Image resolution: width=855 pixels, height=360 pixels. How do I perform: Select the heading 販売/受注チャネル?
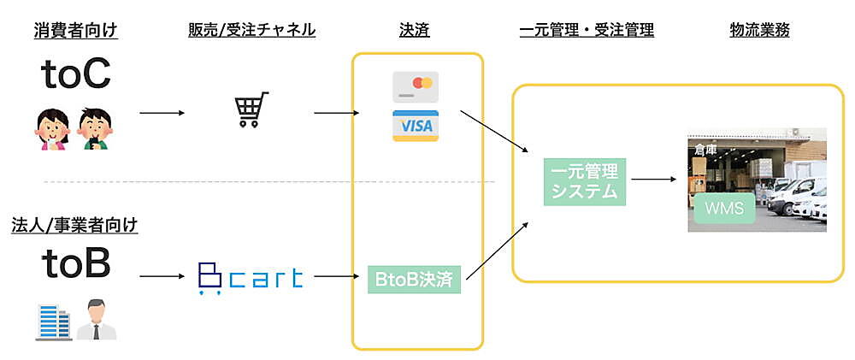click(252, 31)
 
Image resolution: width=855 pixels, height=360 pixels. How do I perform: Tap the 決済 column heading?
click(415, 31)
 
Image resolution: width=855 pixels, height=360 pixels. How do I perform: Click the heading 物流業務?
click(760, 31)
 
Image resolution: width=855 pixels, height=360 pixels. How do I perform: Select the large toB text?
click(76, 265)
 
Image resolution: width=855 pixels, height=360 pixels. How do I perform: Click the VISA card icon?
click(415, 127)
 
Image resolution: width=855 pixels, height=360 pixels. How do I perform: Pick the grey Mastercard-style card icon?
click(416, 87)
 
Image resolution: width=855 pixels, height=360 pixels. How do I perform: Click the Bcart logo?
click(250, 277)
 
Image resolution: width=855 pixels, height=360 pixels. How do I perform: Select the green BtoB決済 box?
click(415, 278)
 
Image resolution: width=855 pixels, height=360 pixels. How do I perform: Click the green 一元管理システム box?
click(585, 180)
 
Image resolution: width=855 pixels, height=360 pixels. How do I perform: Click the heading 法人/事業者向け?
click(76, 226)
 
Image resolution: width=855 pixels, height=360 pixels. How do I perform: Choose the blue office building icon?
click(53, 321)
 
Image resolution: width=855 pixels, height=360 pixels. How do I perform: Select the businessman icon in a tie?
click(96, 321)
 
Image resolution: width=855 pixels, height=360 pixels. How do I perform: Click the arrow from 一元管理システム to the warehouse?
click(654, 180)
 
